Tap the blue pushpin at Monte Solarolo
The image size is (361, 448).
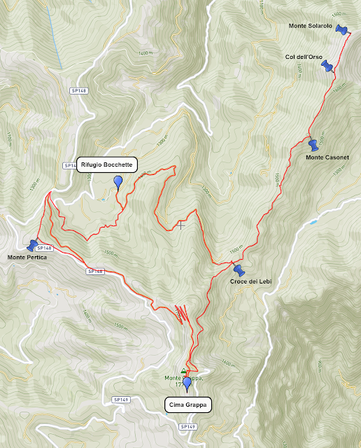(341, 29)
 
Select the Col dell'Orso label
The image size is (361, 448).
(303, 57)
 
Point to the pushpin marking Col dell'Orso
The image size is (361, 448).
(326, 65)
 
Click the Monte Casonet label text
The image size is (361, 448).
(327, 157)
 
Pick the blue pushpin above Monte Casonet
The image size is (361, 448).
(313, 146)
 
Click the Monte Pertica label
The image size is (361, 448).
(27, 258)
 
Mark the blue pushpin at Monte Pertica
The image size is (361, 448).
(32, 245)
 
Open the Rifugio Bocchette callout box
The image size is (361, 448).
(106, 164)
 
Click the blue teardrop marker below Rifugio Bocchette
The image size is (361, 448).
(118, 182)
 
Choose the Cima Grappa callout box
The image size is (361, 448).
(187, 404)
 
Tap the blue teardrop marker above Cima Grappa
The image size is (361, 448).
(187, 384)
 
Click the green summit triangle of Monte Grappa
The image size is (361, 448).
(184, 371)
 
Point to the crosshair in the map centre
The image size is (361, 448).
(181, 224)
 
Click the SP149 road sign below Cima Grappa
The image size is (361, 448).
(187, 426)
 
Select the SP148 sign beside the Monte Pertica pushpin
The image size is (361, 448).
(43, 248)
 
